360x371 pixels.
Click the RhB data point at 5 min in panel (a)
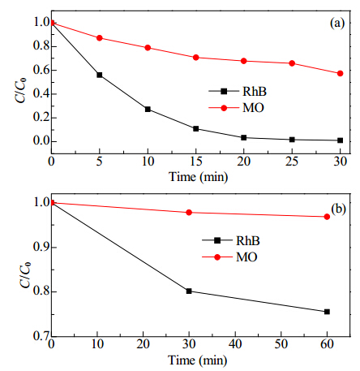click(100, 75)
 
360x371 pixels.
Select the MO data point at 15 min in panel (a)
click(196, 58)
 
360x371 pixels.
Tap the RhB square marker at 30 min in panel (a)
click(341, 140)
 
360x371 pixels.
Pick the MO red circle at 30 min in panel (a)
click(341, 73)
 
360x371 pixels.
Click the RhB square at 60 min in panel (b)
click(327, 312)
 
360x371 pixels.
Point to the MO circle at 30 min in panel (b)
click(189, 213)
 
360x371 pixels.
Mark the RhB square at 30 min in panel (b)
click(189, 291)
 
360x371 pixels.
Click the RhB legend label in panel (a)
click(255, 91)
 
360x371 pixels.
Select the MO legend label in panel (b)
click(246, 257)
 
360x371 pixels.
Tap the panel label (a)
click(337, 24)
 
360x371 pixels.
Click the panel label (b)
click(338, 209)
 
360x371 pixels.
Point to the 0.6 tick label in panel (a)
click(41, 70)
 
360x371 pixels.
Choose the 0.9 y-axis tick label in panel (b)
click(41, 248)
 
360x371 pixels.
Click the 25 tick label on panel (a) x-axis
click(292, 162)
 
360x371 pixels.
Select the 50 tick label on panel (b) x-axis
click(281, 344)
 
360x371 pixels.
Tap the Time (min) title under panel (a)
click(199, 177)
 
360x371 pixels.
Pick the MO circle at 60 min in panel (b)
click(327, 217)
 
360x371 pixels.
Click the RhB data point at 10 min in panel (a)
click(148, 110)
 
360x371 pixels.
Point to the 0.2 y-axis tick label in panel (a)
click(41, 118)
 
